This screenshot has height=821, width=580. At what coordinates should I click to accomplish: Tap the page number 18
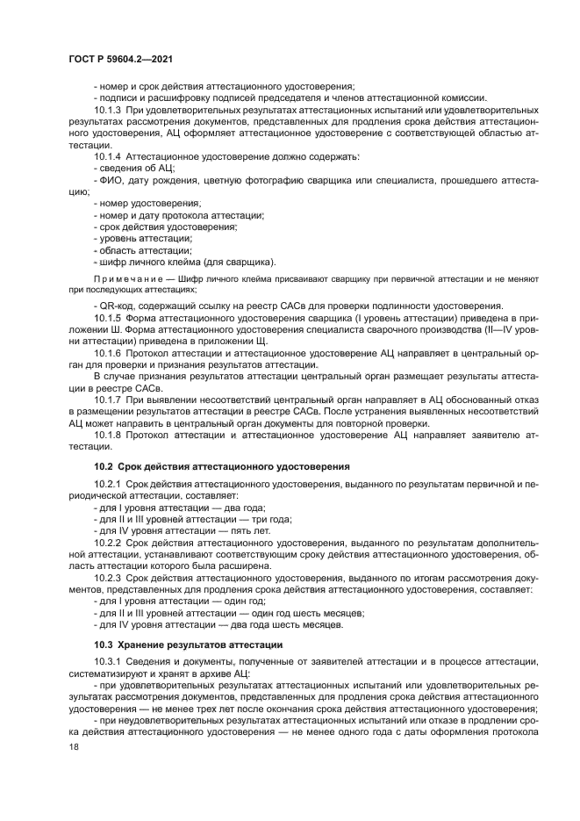73,745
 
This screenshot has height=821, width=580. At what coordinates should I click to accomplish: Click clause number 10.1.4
107,154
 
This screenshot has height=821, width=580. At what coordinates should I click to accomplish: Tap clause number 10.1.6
107,351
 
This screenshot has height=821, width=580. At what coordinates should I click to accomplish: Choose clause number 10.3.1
107,660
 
